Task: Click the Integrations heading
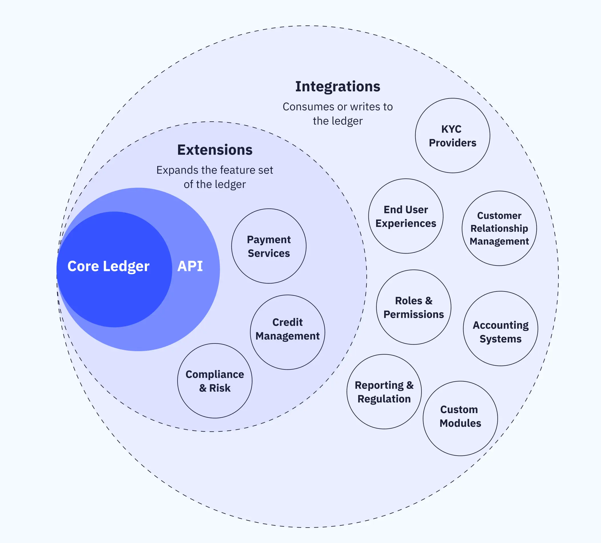click(x=338, y=87)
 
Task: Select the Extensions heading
click(x=215, y=150)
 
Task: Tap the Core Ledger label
click(x=108, y=266)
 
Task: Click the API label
click(x=190, y=266)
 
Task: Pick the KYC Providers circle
click(x=452, y=136)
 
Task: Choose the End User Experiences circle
click(x=406, y=216)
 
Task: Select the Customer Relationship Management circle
click(x=499, y=228)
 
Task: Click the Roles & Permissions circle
click(x=414, y=307)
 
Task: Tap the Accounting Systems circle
click(x=500, y=329)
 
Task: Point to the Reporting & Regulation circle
click(x=384, y=391)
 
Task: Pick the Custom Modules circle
click(x=460, y=418)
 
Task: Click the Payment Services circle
click(x=269, y=246)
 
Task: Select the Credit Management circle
click(x=287, y=332)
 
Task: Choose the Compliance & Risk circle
click(x=215, y=381)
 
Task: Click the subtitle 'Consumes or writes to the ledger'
click(x=338, y=114)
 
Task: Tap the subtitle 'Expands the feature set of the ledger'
click(x=215, y=177)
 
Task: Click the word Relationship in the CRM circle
click(x=499, y=228)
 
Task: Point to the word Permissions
click(x=414, y=314)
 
